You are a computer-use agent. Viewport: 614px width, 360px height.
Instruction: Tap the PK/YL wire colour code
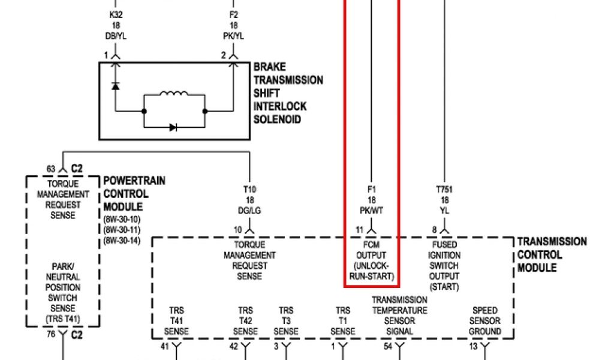click(x=234, y=36)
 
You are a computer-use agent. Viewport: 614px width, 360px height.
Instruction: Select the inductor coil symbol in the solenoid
click(x=174, y=95)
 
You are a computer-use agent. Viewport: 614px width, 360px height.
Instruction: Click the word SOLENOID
click(x=277, y=119)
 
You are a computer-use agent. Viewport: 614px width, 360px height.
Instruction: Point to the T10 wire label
click(x=249, y=190)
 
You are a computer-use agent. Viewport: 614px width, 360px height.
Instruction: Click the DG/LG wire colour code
click(x=249, y=210)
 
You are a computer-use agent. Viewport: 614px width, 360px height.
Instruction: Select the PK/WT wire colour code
click(x=372, y=210)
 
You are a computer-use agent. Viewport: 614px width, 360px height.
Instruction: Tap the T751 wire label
click(x=444, y=190)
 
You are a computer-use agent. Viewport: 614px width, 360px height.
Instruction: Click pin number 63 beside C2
click(x=51, y=168)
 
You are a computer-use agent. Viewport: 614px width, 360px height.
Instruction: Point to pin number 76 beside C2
click(x=51, y=335)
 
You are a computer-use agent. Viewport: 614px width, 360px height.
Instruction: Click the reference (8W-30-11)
click(x=122, y=229)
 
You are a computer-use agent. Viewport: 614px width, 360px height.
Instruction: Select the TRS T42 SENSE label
click(x=245, y=321)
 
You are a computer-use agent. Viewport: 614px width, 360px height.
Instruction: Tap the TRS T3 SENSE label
click(x=286, y=321)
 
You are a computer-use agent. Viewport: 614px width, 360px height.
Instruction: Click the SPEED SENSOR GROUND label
click(x=484, y=321)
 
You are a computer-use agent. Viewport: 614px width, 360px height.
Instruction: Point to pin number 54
click(x=388, y=347)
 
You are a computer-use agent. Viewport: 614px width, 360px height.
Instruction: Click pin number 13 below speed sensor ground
click(x=473, y=347)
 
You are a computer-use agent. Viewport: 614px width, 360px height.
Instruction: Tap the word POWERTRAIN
click(x=134, y=181)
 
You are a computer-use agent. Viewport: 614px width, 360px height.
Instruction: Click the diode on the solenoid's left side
click(x=115, y=86)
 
